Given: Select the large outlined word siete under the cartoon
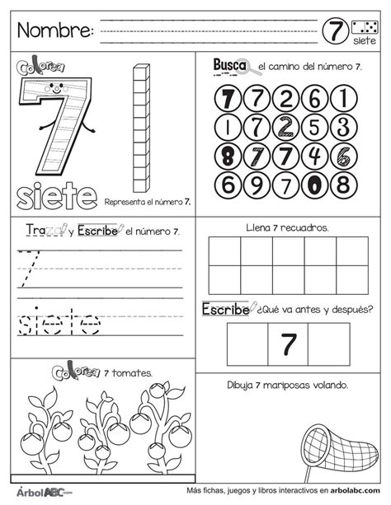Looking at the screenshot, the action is tap(55, 195).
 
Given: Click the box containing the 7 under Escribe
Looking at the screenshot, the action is tap(288, 343).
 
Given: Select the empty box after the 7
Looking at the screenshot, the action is tap(329, 343).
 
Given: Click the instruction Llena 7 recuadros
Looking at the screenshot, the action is tap(287, 226).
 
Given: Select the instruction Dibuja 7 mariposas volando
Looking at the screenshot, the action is tap(288, 385).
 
